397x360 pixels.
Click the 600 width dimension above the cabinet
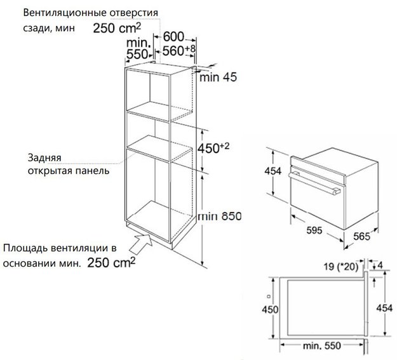(x=173, y=36)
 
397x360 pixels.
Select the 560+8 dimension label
(x=178, y=50)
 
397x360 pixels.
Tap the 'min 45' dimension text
(x=218, y=77)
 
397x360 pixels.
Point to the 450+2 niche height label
(x=213, y=148)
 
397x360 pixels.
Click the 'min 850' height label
(x=220, y=217)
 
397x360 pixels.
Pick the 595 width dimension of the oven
(x=314, y=230)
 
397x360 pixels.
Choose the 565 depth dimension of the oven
(x=361, y=236)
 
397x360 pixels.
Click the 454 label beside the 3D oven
(x=273, y=171)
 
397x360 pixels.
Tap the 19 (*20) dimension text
(x=341, y=267)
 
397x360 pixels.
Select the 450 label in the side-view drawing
(x=270, y=309)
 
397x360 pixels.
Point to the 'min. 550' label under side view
(x=322, y=345)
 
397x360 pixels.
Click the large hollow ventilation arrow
(x=141, y=243)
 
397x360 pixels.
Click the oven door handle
(x=314, y=183)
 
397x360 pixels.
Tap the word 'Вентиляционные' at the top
(x=65, y=13)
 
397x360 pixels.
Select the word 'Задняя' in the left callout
(x=44, y=157)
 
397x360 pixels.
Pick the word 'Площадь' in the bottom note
(x=25, y=248)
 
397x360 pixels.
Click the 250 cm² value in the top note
(x=116, y=28)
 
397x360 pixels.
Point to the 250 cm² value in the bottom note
(x=111, y=262)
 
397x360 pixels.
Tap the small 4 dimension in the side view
(x=379, y=265)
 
